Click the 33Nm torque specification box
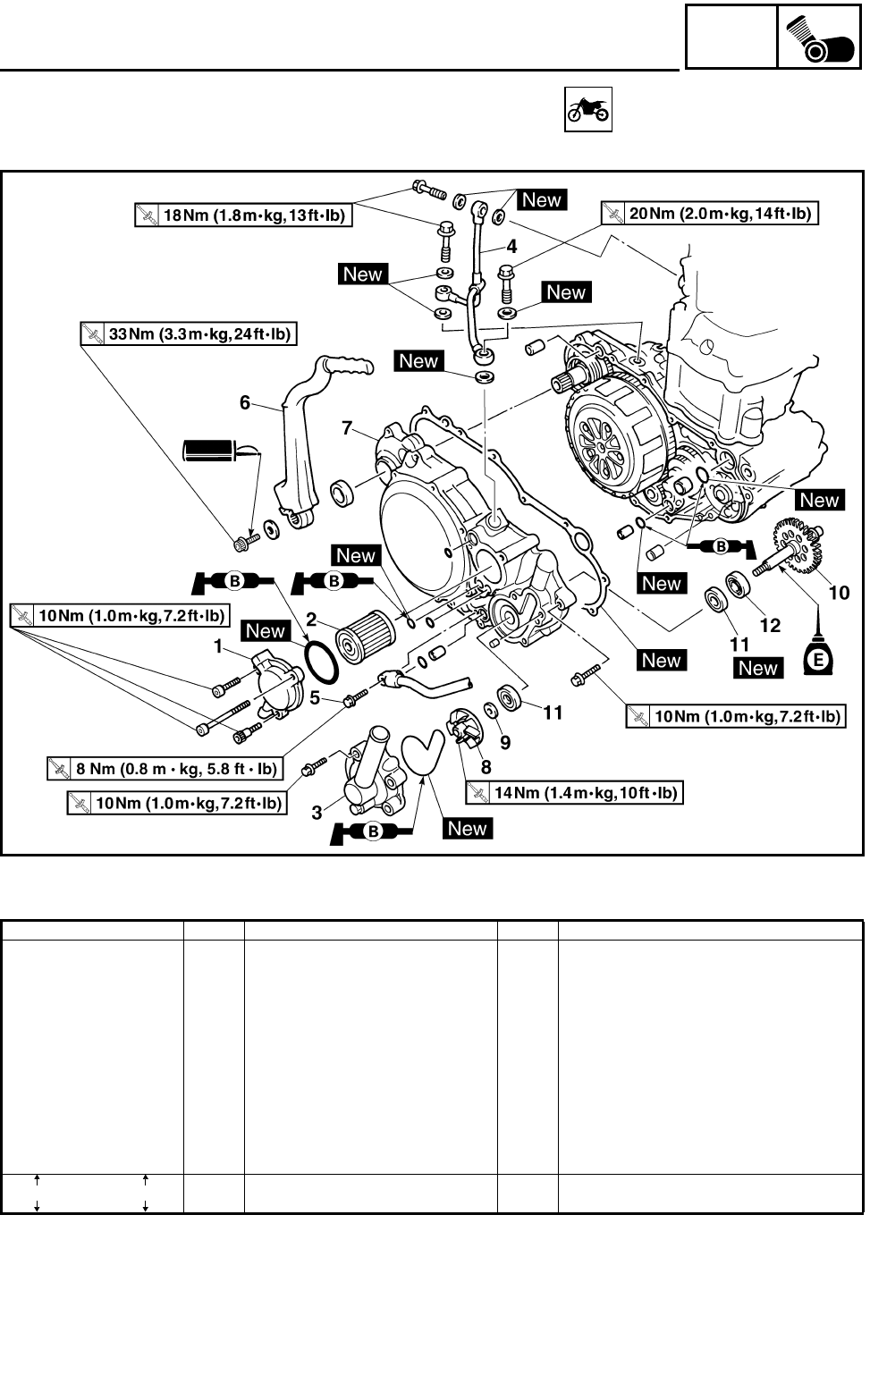coord(188,334)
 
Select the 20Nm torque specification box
coord(710,214)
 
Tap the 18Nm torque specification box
coord(241,215)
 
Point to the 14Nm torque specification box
coord(574,792)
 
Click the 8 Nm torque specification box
coord(164,768)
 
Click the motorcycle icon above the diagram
coord(587,110)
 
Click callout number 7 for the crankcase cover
coord(348,428)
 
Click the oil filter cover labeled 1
coord(264,684)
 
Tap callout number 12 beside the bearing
coord(770,625)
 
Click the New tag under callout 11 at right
coord(758,668)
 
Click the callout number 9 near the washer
coord(505,742)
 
